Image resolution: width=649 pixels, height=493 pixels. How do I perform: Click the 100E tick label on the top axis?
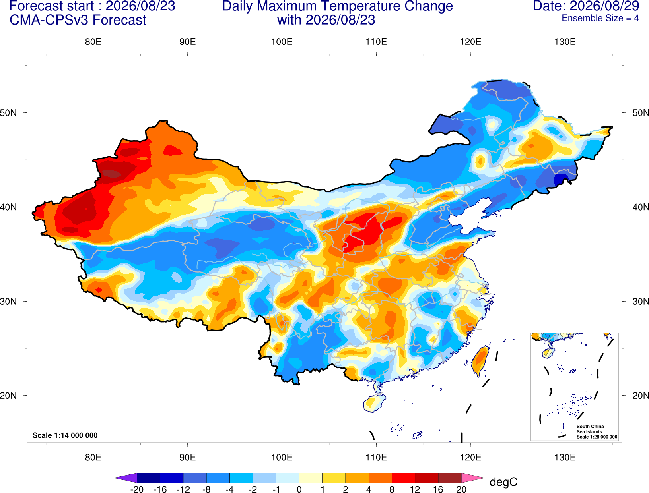tap(282, 42)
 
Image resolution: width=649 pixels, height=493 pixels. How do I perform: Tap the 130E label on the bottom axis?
tap(565, 458)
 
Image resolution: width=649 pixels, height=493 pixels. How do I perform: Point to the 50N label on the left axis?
tap(8, 112)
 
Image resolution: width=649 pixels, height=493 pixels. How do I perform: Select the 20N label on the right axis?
tap(640, 396)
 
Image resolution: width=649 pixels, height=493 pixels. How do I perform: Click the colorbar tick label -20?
tap(137, 489)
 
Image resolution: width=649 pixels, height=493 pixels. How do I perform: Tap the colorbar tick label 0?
tap(299, 489)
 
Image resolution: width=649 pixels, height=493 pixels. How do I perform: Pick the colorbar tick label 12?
tap(414, 489)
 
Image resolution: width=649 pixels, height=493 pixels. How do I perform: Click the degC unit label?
tap(503, 482)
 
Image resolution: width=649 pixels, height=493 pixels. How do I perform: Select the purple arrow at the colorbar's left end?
tap(125, 478)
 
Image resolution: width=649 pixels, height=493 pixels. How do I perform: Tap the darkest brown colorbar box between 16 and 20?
tap(450, 478)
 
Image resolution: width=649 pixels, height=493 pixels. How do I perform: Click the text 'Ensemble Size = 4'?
tap(600, 18)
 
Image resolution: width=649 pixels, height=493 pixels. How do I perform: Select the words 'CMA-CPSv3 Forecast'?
tap(78, 20)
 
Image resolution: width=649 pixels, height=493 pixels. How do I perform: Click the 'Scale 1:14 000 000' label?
tap(65, 435)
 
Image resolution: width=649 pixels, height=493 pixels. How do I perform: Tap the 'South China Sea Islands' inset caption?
tap(590, 429)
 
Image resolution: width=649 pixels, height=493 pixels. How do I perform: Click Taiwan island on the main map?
tap(480, 361)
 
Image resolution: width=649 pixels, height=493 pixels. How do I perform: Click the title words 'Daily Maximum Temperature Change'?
tap(337, 6)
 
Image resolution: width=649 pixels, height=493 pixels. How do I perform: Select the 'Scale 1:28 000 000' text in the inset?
tap(597, 437)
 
